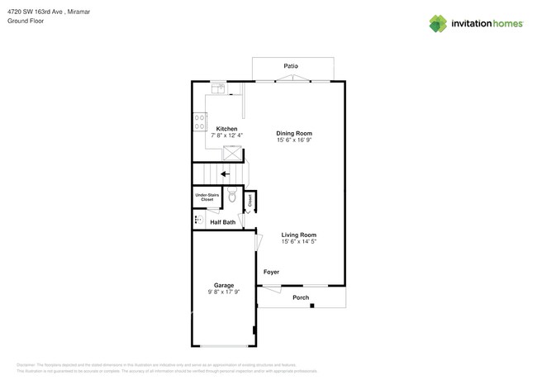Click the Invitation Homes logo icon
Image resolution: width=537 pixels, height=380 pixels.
[x=438, y=24]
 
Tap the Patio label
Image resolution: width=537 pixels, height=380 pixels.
[x=291, y=66]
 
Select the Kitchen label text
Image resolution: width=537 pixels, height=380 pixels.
[x=227, y=129]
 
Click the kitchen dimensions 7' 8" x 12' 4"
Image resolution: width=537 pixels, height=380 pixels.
[x=227, y=135]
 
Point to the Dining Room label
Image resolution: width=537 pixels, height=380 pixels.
[x=294, y=133]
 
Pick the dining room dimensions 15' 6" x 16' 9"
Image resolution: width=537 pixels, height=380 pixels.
[x=294, y=140]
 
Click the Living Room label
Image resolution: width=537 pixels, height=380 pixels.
[x=299, y=235]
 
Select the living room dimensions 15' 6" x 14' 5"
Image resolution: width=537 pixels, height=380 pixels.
[x=299, y=242]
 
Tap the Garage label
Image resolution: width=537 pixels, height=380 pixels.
[x=224, y=285]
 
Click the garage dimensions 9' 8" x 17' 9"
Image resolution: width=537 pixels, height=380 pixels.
[x=224, y=292]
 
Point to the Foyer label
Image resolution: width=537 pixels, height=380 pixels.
[x=271, y=272]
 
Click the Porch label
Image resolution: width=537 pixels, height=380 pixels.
[x=301, y=297]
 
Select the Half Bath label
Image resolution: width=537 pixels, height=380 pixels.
[x=222, y=222]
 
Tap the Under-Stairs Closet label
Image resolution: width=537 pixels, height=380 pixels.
[x=207, y=197]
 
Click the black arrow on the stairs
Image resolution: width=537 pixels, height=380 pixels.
[x=225, y=174]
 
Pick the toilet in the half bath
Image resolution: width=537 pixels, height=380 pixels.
[x=232, y=197]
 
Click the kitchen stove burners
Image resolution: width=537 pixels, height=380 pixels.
[x=199, y=122]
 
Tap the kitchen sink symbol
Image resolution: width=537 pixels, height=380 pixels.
[x=218, y=88]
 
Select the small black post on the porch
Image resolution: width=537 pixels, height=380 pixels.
[x=312, y=306]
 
